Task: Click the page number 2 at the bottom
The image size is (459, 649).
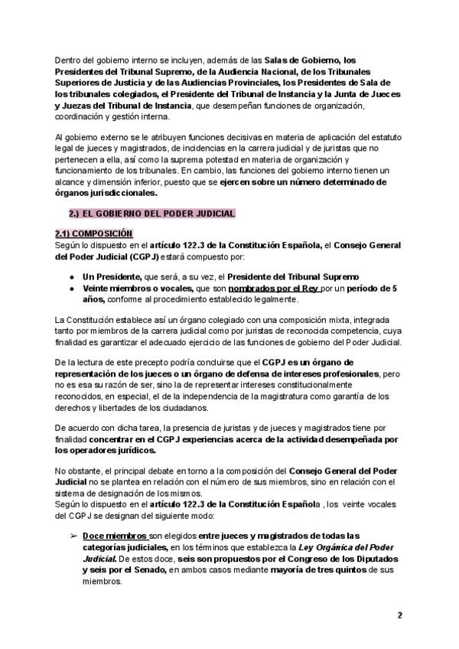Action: tap(399, 615)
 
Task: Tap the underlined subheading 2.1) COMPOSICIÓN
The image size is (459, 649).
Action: tap(94, 233)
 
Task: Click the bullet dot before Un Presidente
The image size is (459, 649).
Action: tap(72, 276)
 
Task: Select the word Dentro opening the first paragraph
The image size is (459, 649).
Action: tap(69, 59)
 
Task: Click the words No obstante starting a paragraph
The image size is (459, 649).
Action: tap(80, 469)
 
